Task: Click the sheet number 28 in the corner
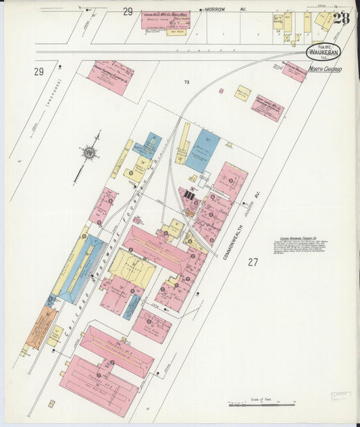tap(341, 18)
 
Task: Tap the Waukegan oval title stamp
tap(323, 52)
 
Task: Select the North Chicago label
tap(325, 69)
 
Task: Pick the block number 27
tap(253, 261)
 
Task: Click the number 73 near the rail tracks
tap(186, 82)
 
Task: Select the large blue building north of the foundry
tap(203, 151)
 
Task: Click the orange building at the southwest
tap(39, 328)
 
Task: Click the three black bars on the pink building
tap(190, 195)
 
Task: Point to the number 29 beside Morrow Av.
tap(128, 11)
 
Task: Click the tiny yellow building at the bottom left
tap(51, 403)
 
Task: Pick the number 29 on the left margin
tap(38, 72)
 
